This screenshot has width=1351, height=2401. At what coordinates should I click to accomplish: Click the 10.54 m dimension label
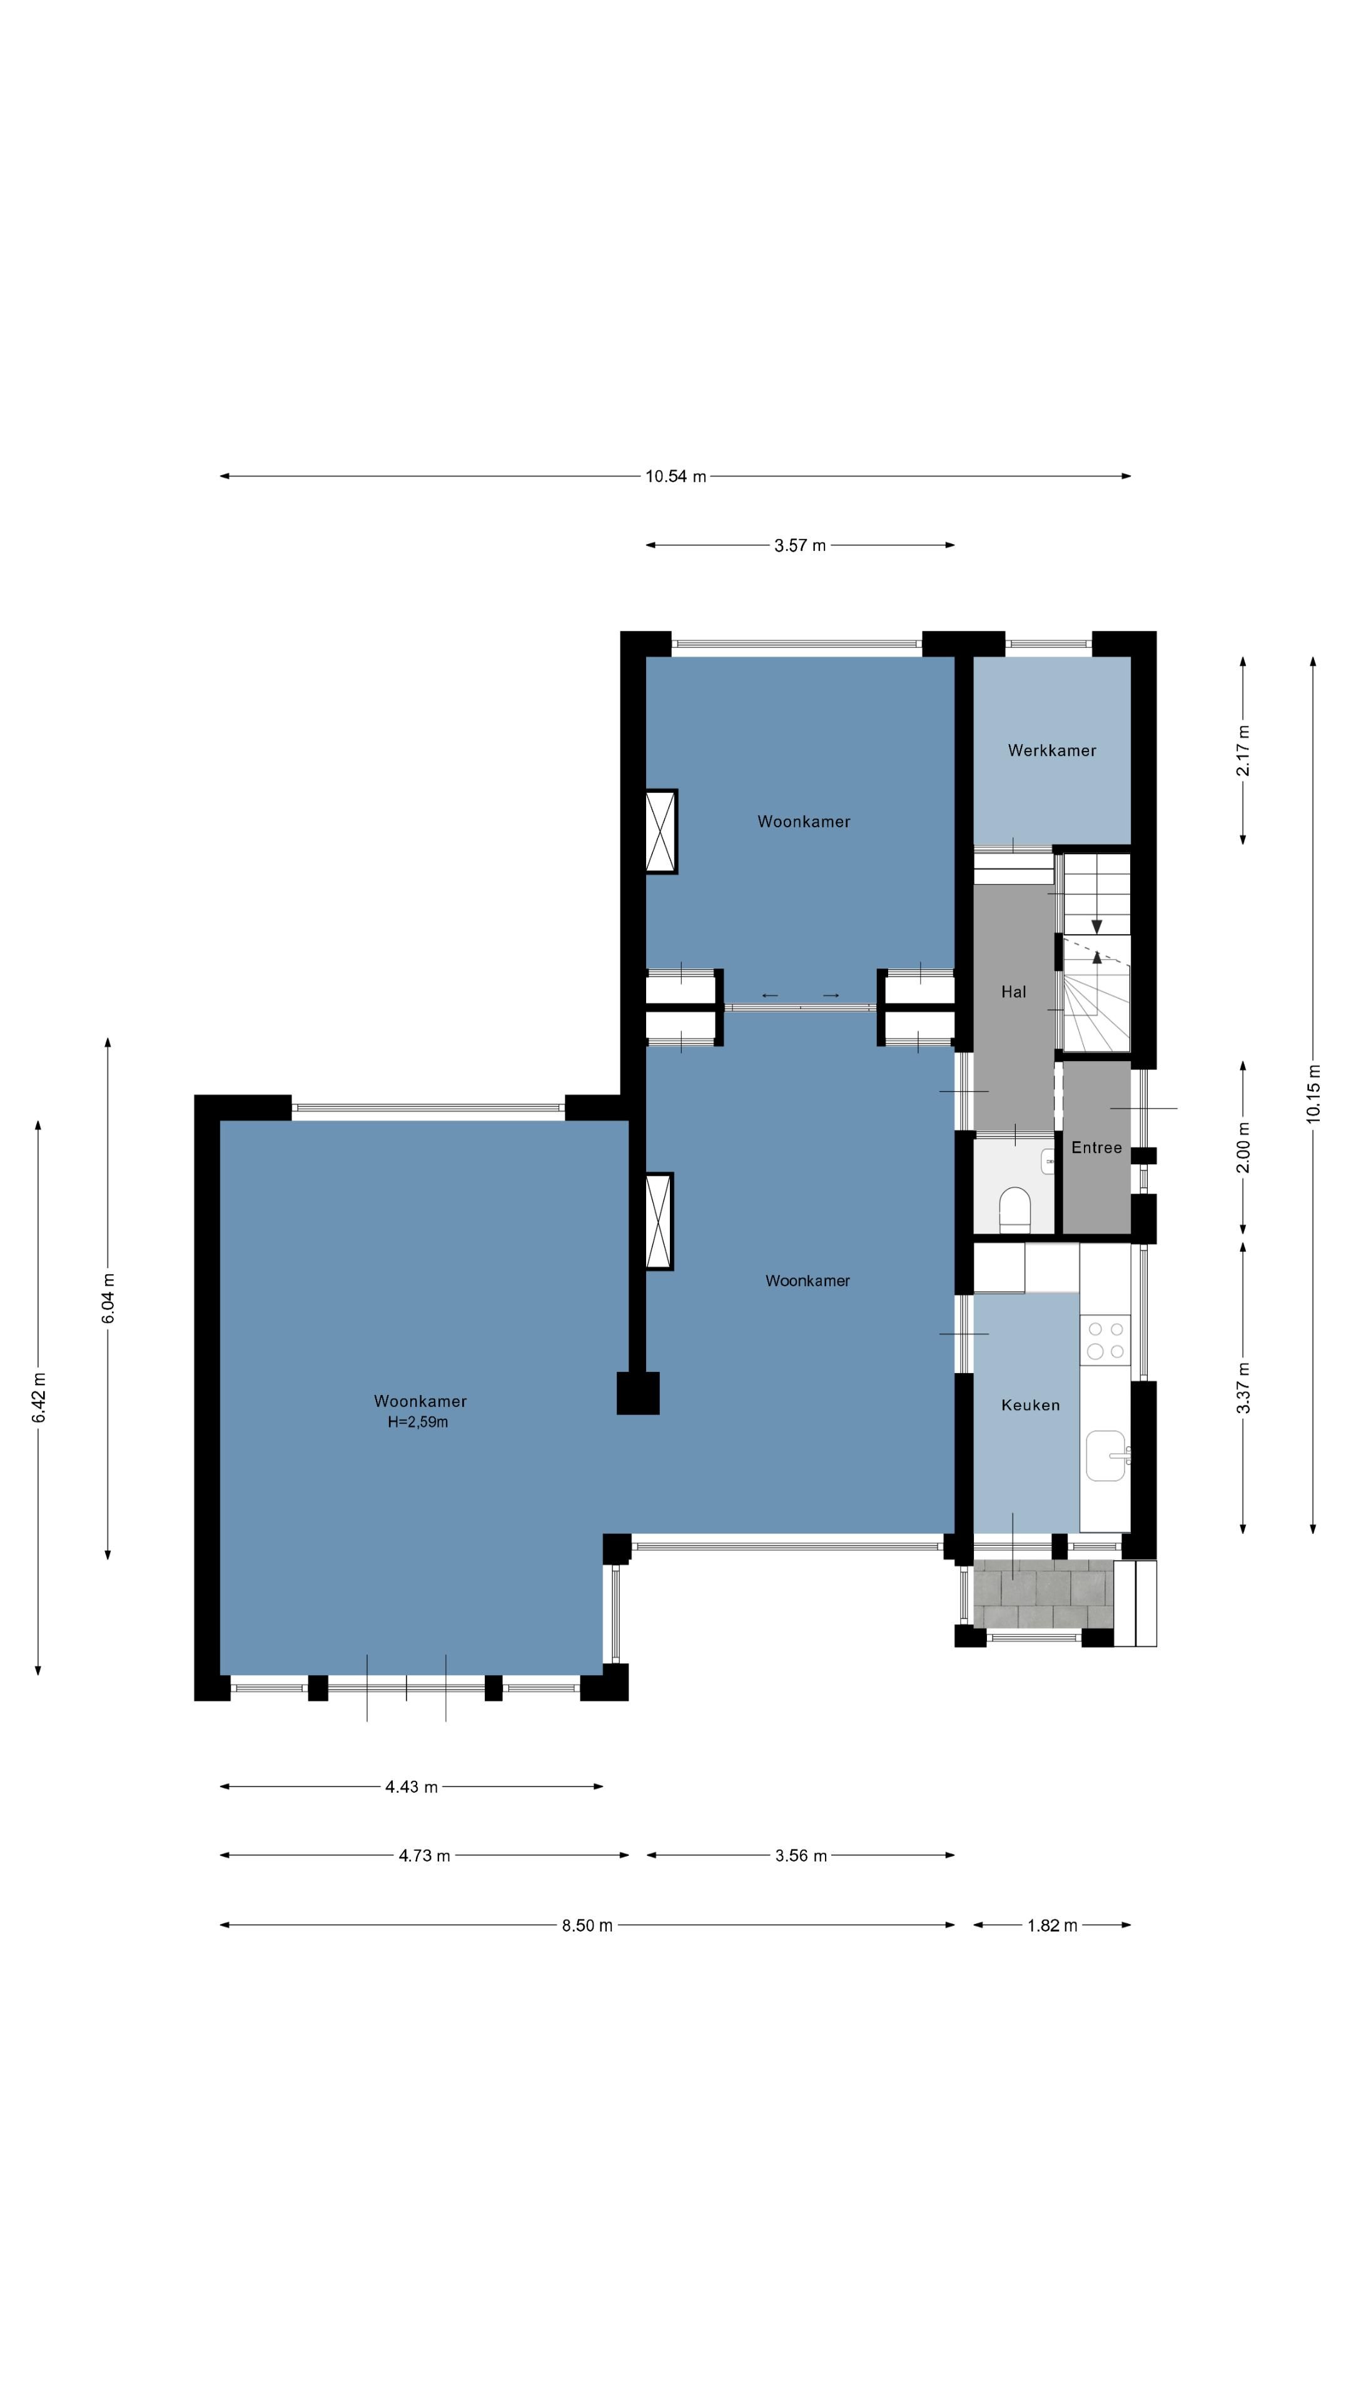click(676, 476)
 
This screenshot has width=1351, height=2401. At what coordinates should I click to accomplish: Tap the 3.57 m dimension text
click(800, 545)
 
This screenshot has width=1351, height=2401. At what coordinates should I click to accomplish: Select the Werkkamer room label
click(1051, 750)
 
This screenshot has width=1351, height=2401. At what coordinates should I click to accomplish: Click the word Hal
click(1013, 992)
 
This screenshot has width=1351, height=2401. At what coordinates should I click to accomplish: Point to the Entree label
click(1096, 1147)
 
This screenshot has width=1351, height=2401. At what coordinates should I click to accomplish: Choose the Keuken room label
click(1030, 1404)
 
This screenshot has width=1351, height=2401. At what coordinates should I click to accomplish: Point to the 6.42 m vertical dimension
click(38, 1398)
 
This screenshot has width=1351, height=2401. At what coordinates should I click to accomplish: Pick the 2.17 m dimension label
click(1243, 750)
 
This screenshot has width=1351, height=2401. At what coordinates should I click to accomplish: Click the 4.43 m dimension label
click(411, 1787)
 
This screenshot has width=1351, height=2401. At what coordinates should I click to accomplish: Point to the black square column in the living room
click(638, 1394)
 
